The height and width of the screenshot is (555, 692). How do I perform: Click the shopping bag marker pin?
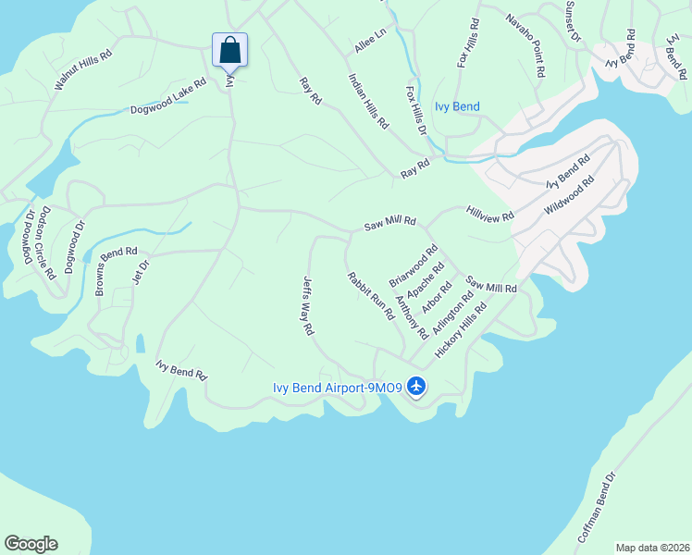click(229, 51)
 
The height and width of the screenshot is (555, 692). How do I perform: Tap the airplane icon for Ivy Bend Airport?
click(416, 385)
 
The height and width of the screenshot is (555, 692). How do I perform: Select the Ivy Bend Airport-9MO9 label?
click(337, 388)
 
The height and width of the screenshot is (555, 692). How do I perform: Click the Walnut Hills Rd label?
click(82, 69)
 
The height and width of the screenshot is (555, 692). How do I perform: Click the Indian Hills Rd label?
click(368, 101)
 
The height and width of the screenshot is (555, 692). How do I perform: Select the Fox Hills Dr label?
click(416, 111)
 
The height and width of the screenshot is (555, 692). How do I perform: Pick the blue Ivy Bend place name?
click(456, 107)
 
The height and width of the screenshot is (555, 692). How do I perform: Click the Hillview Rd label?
click(490, 214)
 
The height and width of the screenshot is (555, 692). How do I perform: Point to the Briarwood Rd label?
click(414, 265)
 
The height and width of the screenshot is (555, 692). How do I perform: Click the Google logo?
click(31, 544)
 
